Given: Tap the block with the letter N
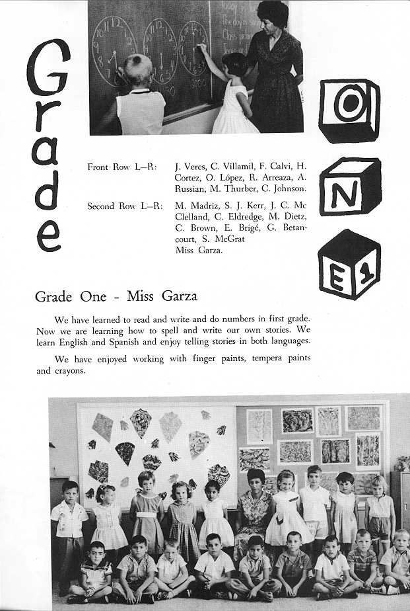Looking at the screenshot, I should pyautogui.click(x=350, y=186).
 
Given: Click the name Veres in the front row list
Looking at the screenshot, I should pyautogui.click(x=191, y=167).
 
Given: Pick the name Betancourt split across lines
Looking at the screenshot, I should pyautogui.click(x=289, y=227).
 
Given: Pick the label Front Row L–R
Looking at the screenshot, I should pyautogui.click(x=121, y=167).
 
